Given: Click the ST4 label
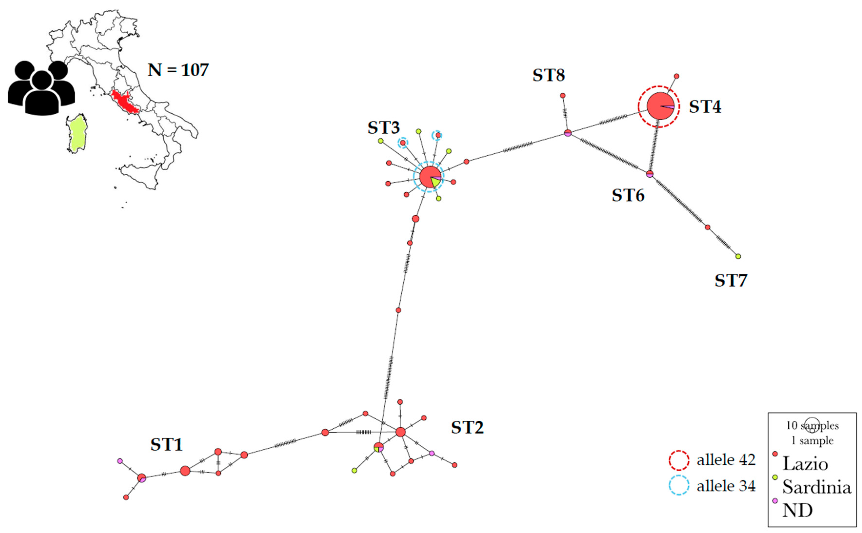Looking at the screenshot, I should click(x=705, y=107).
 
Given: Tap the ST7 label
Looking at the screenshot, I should click(x=731, y=281).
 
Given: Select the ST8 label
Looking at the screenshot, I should click(x=549, y=75).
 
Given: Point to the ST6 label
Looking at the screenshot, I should click(x=628, y=196).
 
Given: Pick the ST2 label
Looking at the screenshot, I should click(x=467, y=428).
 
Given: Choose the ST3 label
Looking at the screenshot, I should click(x=384, y=128).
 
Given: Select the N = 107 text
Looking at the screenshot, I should click(x=178, y=70).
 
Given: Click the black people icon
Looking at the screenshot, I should click(x=41, y=88).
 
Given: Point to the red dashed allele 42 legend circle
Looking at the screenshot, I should click(x=679, y=460).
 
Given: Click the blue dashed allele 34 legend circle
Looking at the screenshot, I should click(x=679, y=485).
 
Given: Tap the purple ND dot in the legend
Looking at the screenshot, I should click(x=775, y=501).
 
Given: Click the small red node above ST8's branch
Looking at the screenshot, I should click(x=563, y=96).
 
